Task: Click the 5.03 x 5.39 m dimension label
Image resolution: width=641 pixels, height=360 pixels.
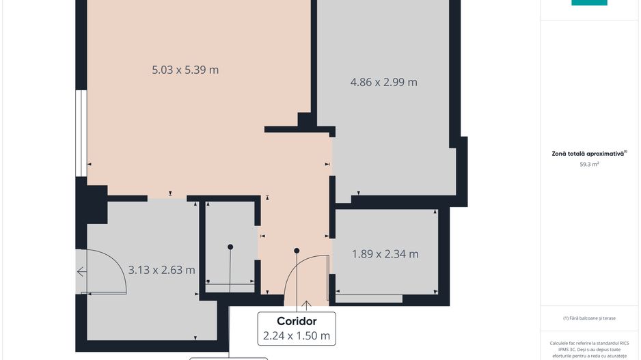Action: (x=185, y=70)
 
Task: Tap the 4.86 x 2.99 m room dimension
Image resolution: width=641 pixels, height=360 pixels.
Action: (x=383, y=82)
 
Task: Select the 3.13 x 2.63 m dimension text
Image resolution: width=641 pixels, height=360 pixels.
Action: (x=162, y=270)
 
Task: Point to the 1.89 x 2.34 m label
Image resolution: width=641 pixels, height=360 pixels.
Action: (x=385, y=254)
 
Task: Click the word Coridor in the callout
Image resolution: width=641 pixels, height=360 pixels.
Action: (x=297, y=321)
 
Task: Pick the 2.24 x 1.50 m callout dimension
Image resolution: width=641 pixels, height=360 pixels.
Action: (x=297, y=335)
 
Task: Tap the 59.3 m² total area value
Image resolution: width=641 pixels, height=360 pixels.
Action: (x=589, y=164)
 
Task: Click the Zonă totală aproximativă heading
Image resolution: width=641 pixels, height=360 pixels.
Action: (x=588, y=154)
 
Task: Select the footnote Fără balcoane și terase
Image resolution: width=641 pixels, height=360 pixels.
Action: (x=588, y=318)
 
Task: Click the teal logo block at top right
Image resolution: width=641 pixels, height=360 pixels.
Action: (x=589, y=2)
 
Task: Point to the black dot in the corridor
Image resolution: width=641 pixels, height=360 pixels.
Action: (x=297, y=251)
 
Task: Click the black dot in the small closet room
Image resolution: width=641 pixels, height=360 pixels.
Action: (x=230, y=247)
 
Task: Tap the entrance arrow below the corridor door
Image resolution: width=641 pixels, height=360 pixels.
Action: (x=306, y=305)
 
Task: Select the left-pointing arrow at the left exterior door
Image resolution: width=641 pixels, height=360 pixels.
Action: (x=81, y=272)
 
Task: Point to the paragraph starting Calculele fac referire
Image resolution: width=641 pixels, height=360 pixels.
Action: (x=588, y=349)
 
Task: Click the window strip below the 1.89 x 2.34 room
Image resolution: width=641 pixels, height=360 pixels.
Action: (x=369, y=299)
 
